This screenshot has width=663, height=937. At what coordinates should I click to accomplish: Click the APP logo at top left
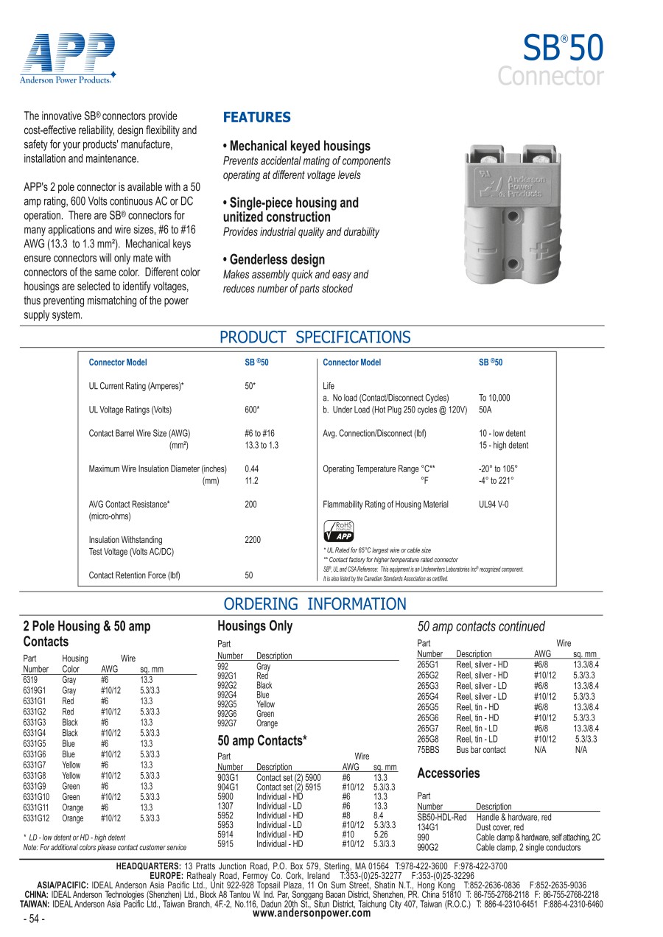click(68, 57)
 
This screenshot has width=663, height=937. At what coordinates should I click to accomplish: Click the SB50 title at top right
click(563, 49)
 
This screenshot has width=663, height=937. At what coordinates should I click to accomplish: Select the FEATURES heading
click(257, 117)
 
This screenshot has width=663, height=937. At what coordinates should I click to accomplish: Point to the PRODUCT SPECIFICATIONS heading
click(315, 337)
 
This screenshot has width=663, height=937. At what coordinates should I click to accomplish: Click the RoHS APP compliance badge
click(339, 531)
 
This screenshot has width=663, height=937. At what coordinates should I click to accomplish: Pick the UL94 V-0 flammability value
click(494, 505)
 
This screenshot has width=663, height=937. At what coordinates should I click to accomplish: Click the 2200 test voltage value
click(253, 540)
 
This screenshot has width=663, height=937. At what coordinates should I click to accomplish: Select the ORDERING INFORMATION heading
click(315, 604)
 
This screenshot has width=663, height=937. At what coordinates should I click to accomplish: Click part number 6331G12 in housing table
click(36, 818)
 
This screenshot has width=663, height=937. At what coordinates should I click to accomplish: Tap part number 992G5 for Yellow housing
click(227, 704)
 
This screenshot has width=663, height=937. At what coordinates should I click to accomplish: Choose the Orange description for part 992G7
click(267, 723)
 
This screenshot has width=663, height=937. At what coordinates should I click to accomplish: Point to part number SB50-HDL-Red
click(442, 818)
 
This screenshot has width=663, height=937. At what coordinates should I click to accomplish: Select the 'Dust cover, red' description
click(500, 828)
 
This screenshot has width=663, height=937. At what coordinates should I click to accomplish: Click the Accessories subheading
click(448, 773)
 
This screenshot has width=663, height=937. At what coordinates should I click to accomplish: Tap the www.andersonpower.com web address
click(312, 913)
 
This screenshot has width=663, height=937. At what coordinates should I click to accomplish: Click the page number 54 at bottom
click(35, 919)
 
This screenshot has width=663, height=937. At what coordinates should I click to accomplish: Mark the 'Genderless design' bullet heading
click(273, 260)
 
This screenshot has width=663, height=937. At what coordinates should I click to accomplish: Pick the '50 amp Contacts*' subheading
click(262, 740)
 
